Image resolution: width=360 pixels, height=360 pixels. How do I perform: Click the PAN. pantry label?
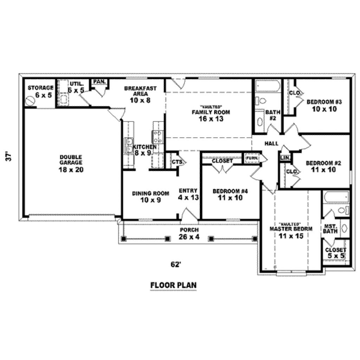coord(99,82)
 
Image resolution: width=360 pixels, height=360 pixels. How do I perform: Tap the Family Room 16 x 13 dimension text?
coord(211,119)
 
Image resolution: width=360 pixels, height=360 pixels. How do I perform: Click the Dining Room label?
coord(150,193)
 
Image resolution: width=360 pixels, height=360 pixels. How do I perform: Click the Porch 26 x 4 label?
coord(189,233)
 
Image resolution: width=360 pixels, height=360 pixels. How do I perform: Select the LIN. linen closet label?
coord(285,158)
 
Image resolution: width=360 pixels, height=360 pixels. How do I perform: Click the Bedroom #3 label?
coord(324,102)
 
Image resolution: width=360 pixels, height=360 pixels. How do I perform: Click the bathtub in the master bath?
coord(336,197)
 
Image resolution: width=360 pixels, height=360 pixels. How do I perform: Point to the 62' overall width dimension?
coord(175,265)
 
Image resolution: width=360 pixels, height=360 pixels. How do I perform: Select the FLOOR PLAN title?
coord(173,285)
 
